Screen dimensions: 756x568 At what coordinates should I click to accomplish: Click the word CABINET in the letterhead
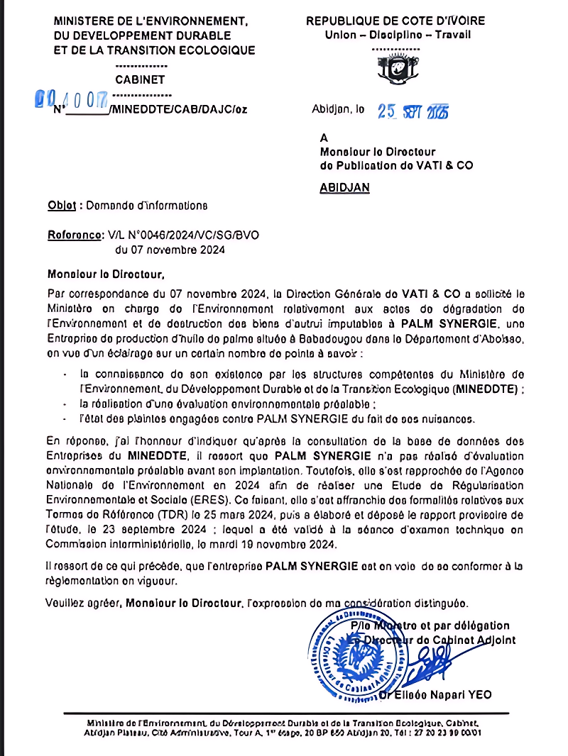(x=140, y=80)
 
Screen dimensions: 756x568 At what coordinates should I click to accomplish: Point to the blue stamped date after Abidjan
(x=413, y=111)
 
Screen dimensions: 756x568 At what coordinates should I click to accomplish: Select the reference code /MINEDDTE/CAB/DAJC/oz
(x=178, y=110)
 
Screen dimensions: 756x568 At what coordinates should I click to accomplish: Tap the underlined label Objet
(x=62, y=206)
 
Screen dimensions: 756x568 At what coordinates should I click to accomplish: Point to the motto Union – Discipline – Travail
(x=398, y=35)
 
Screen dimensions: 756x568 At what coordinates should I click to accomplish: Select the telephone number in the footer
(x=451, y=732)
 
